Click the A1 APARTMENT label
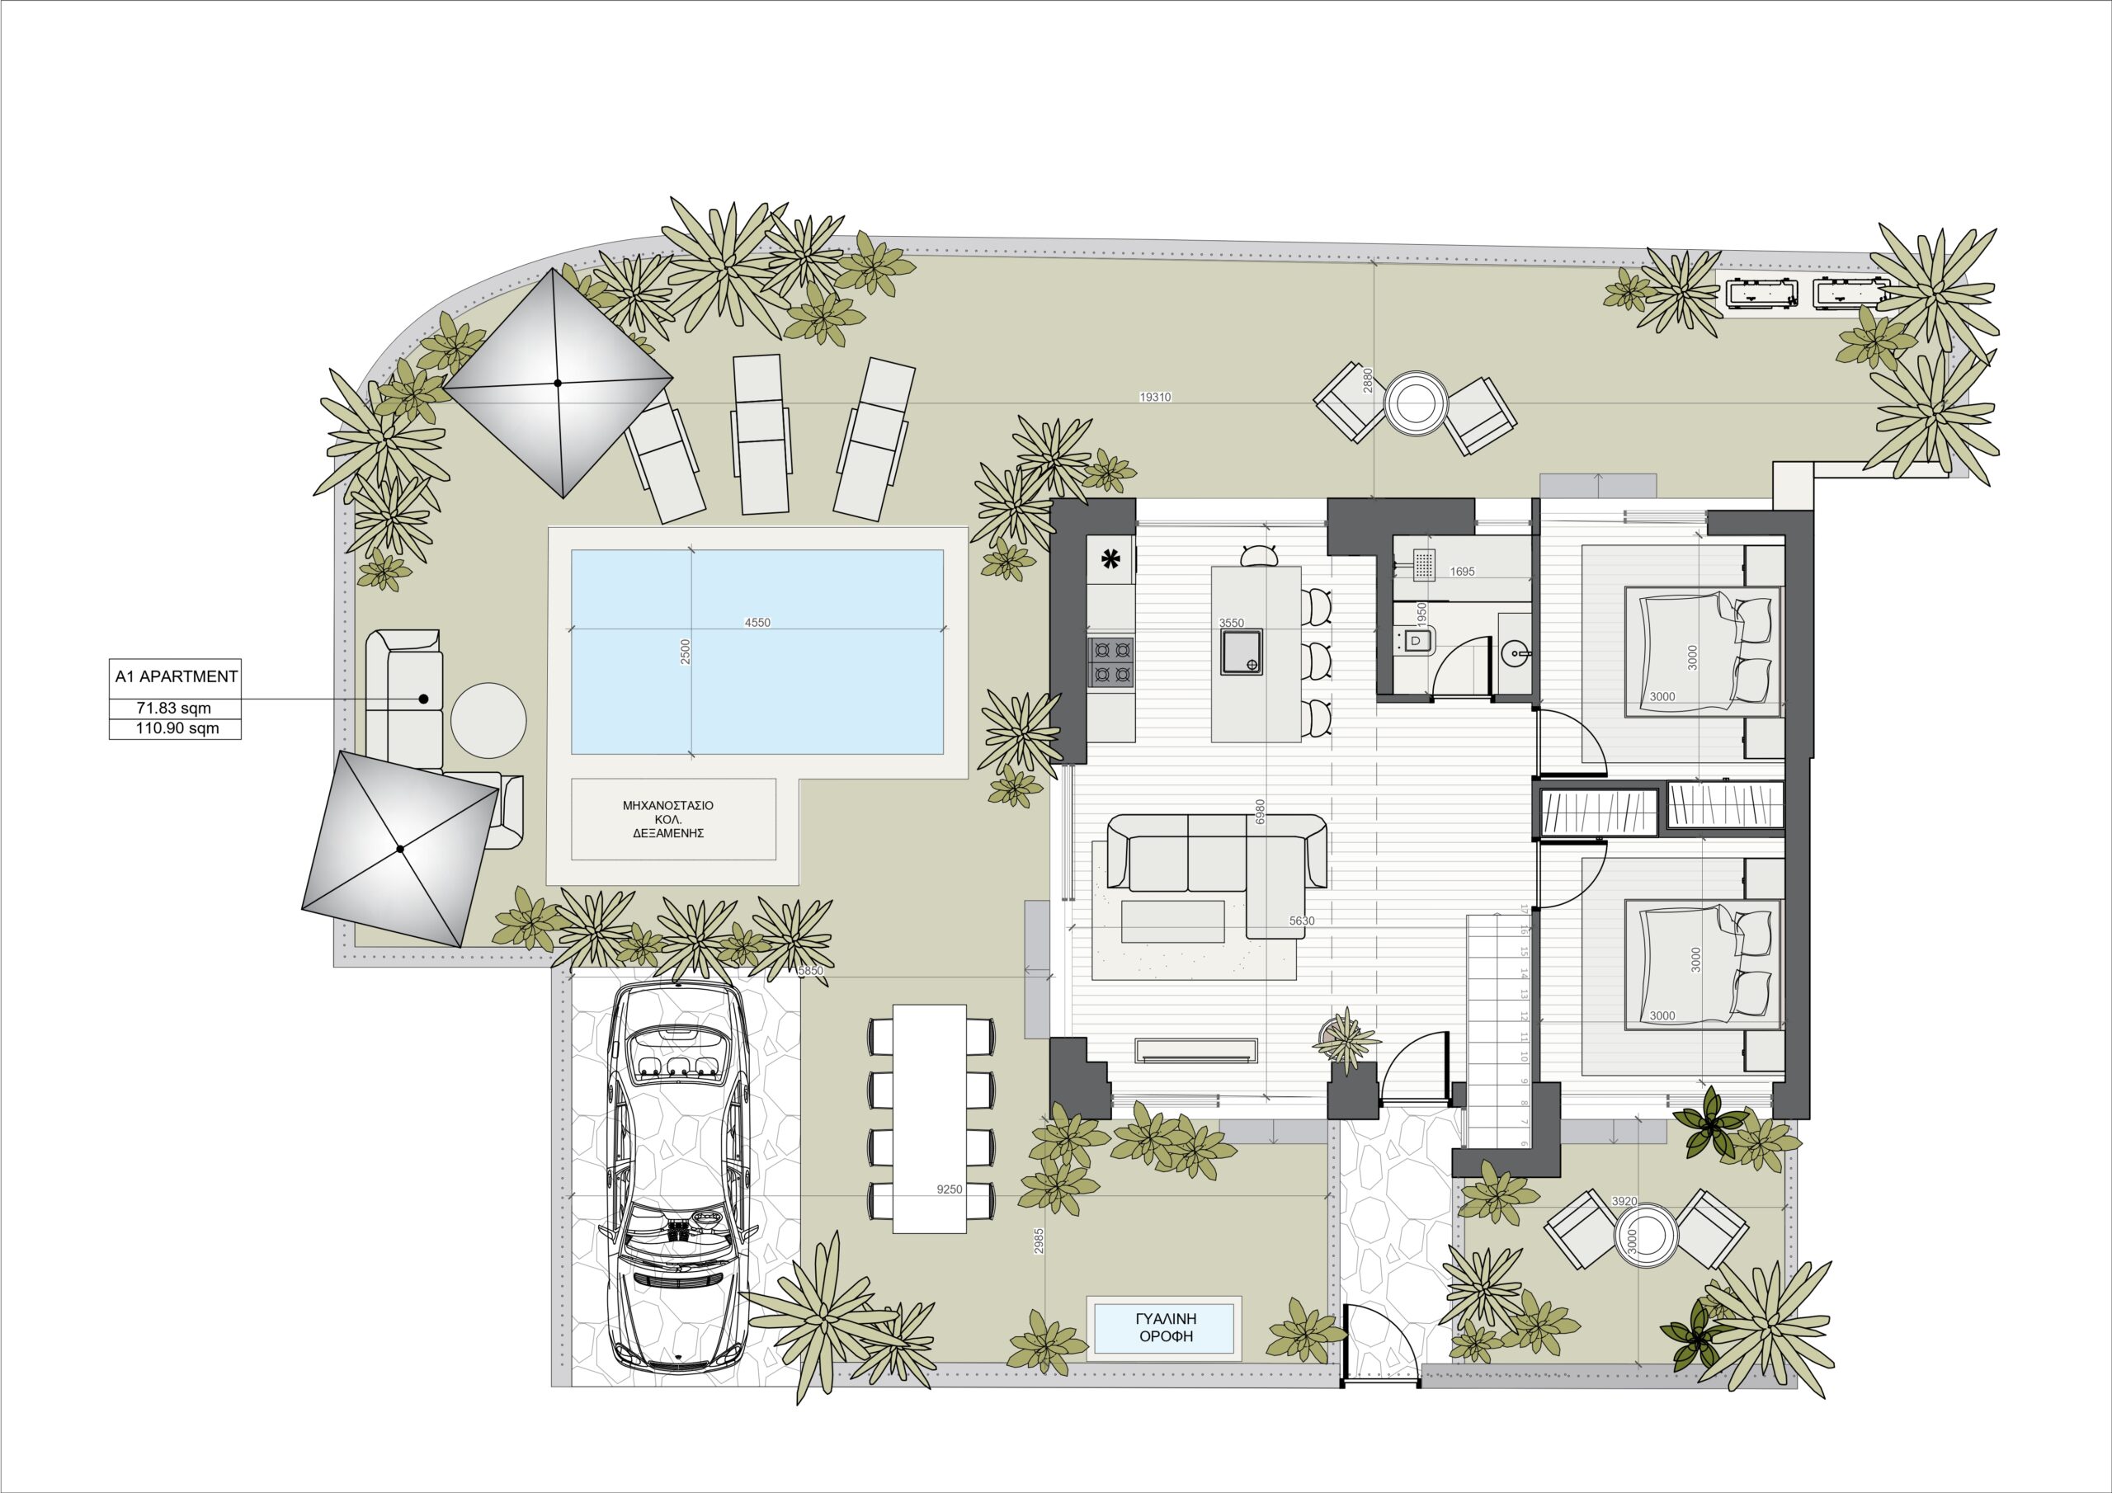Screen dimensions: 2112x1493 pyautogui.click(x=176, y=676)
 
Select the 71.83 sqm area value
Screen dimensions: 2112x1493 pyautogui.click(x=174, y=709)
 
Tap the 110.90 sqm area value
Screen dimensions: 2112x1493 pyautogui.click(x=174, y=728)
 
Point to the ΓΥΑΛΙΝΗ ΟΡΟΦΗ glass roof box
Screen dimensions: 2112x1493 pyautogui.click(x=1166, y=1327)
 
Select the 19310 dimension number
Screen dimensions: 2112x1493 pyautogui.click(x=1154, y=398)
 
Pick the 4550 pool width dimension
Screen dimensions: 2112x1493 pyautogui.click(x=757, y=623)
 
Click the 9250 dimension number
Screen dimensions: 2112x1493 pyautogui.click(x=950, y=1189)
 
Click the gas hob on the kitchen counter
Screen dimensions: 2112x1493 pyautogui.click(x=1111, y=663)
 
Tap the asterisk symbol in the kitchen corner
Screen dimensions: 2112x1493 pyautogui.click(x=1111, y=558)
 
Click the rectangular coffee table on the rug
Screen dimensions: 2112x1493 pyautogui.click(x=1173, y=921)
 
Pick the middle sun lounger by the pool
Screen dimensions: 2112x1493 pyautogui.click(x=761, y=434)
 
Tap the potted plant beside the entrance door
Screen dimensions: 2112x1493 pyautogui.click(x=1346, y=1039)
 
